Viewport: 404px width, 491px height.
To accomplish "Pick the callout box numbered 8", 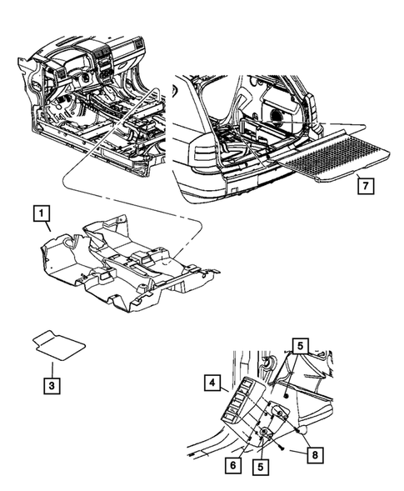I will tap(314, 456).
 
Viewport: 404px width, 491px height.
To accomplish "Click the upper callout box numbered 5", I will tap(301, 343).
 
